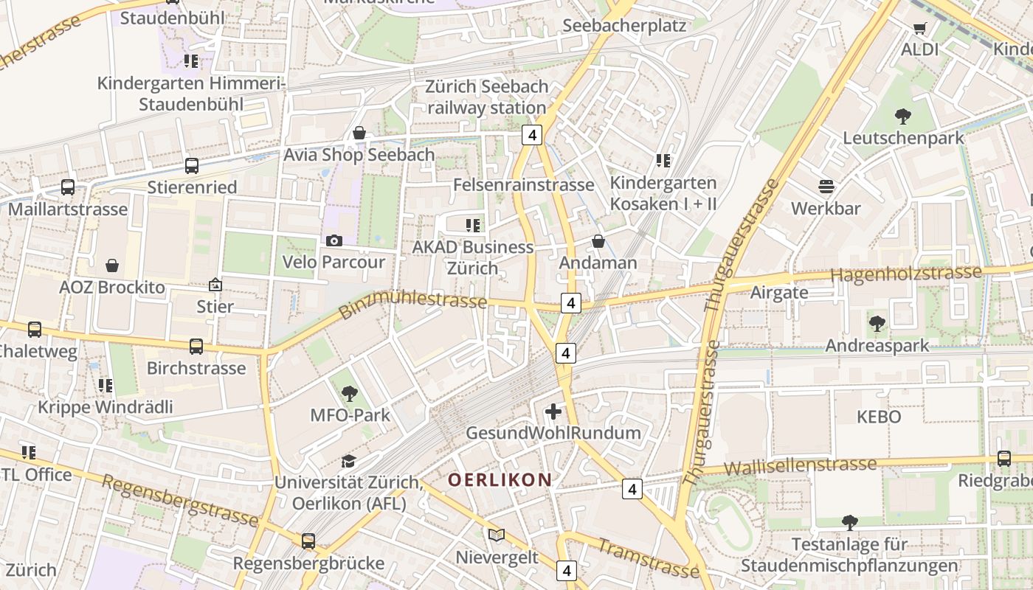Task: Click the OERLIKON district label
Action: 500,480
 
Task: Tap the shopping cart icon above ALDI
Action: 919,29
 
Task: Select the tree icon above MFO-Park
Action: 350,394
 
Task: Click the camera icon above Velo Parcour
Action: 334,241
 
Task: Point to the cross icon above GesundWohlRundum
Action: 553,412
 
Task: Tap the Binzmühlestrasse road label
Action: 413,304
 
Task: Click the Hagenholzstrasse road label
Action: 906,274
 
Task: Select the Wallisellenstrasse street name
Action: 800,466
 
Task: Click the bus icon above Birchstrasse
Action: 196,347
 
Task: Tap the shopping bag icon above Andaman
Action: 598,241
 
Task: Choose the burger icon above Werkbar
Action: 826,187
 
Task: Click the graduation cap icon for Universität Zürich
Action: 348,462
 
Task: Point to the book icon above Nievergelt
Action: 497,535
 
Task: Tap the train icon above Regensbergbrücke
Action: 308,541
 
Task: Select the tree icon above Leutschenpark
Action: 902,116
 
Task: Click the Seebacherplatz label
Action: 624,26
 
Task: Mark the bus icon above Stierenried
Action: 192,166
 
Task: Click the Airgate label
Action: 778,292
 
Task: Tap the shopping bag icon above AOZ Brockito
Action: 112,265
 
